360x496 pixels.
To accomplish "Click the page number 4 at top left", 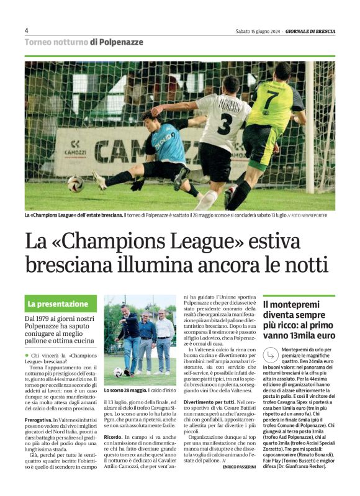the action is tap(27, 30).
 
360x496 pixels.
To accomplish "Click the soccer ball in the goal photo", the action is tap(76, 184).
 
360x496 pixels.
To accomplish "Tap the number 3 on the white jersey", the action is tap(225, 120).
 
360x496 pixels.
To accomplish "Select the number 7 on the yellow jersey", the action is tap(271, 99).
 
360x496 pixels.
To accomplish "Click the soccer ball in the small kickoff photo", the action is tap(118, 372).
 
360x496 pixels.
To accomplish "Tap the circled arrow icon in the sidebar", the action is tap(271, 354).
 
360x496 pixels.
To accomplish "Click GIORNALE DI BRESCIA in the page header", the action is tap(310, 31).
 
